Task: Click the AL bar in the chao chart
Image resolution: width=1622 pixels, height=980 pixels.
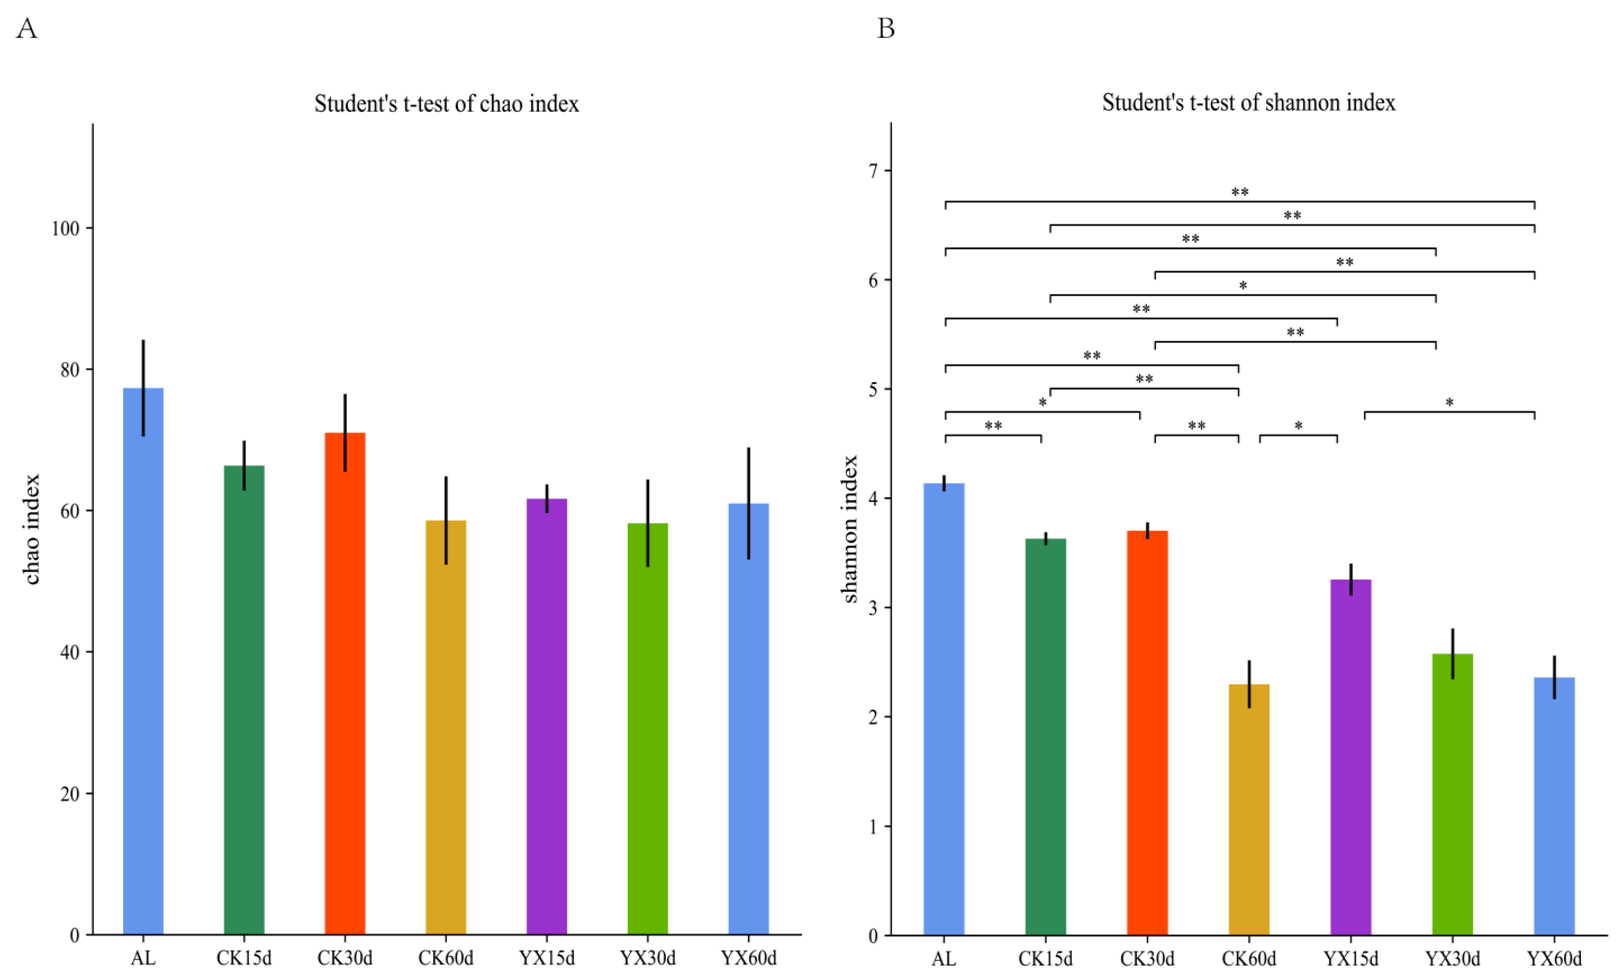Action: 143,658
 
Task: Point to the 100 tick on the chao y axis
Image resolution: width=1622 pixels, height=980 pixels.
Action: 65,229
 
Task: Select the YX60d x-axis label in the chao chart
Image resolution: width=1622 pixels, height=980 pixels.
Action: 749,958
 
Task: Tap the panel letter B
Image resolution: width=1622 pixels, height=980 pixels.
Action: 886,29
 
